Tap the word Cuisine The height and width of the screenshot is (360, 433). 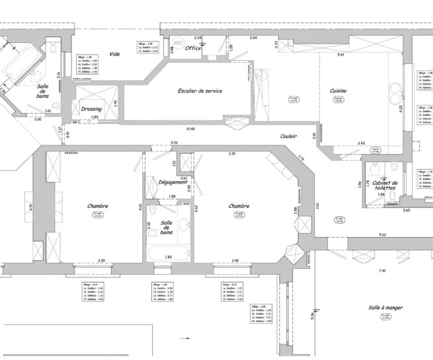[338, 91]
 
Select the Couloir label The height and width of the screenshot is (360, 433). [288, 135]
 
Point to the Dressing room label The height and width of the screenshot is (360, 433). [91, 109]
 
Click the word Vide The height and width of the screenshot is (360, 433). [115, 54]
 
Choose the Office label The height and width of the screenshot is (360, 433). [193, 48]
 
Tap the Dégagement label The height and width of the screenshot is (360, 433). [174, 182]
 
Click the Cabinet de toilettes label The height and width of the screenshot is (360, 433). [385, 186]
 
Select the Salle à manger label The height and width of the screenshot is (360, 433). [386, 308]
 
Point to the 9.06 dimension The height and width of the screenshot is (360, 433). [174, 143]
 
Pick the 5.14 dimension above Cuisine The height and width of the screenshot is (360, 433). [340, 54]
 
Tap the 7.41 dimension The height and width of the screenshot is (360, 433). [381, 271]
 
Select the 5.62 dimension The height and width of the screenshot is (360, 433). [382, 235]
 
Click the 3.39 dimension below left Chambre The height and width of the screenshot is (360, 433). [101, 261]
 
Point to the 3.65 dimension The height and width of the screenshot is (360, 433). [407, 210]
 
